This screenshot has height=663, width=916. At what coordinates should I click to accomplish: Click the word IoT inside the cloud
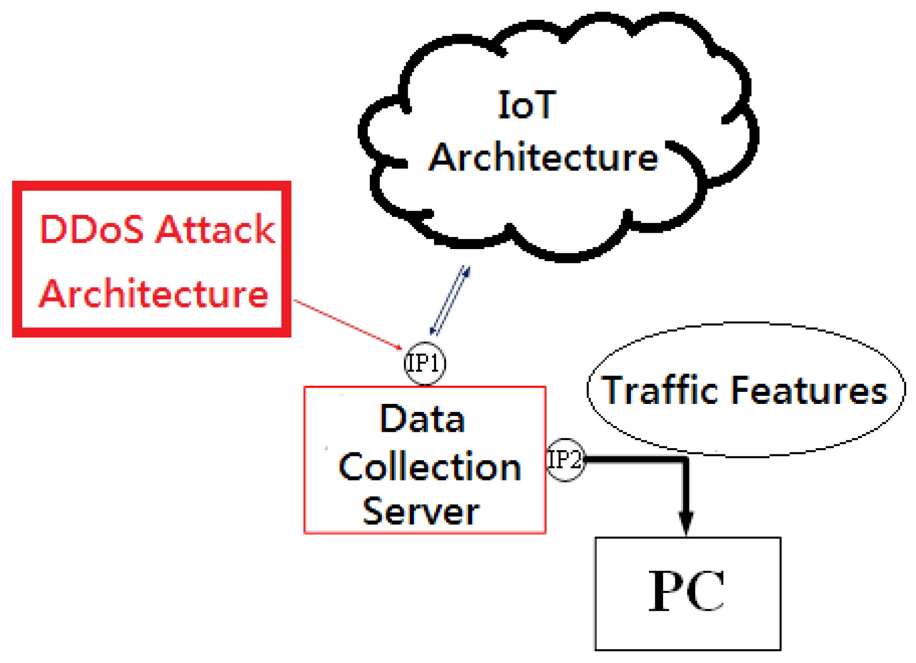coord(526,105)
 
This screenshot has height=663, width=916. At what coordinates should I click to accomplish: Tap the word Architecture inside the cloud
coord(543,157)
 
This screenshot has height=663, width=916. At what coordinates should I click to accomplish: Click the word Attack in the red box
coord(215,230)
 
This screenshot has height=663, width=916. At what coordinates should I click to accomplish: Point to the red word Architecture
coord(154,294)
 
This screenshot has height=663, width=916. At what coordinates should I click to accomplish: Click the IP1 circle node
coord(425,363)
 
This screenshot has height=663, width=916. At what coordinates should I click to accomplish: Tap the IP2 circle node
coord(565,460)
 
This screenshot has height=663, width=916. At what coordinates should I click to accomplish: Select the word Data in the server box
coord(422,419)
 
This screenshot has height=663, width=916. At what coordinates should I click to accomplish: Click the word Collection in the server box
coord(429,467)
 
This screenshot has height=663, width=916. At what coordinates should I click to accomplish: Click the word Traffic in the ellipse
coord(659,390)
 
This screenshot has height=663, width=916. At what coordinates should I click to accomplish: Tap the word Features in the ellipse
coord(809,391)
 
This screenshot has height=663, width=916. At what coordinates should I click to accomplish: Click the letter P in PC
coord(666,591)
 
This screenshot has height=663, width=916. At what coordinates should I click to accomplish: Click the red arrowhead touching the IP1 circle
coord(399,348)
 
